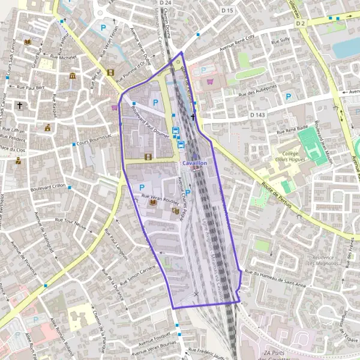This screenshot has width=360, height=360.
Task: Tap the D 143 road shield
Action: [x=257, y=114]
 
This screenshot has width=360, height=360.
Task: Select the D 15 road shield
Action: [x=226, y=10]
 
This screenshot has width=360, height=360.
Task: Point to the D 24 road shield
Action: [x=166, y=4]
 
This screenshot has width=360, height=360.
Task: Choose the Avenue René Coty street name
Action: [x=237, y=40]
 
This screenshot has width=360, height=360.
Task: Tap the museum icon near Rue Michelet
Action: [x=73, y=76]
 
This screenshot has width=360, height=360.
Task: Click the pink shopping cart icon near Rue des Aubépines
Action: [x=209, y=81]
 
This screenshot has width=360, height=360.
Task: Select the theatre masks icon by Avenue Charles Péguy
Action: [x=175, y=211]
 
